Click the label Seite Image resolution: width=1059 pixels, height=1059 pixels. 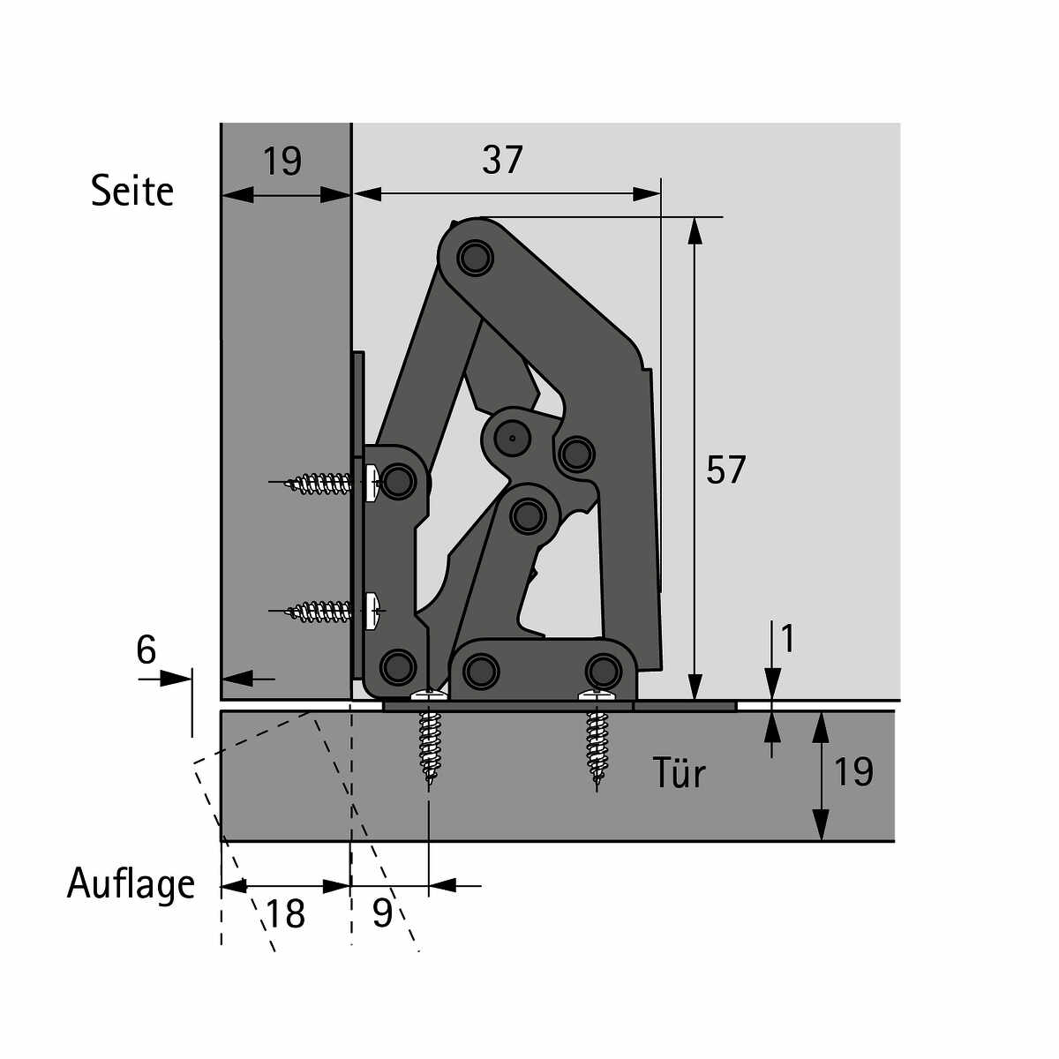click(131, 191)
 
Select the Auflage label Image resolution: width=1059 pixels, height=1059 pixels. click(131, 883)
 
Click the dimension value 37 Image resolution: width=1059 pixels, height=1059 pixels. click(502, 160)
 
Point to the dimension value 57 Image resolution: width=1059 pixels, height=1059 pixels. click(725, 469)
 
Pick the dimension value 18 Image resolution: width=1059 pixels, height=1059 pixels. click(285, 913)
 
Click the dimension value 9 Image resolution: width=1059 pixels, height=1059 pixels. click(382, 913)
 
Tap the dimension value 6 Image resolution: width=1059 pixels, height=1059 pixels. click(146, 650)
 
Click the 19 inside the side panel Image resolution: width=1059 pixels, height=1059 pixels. click(282, 161)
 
